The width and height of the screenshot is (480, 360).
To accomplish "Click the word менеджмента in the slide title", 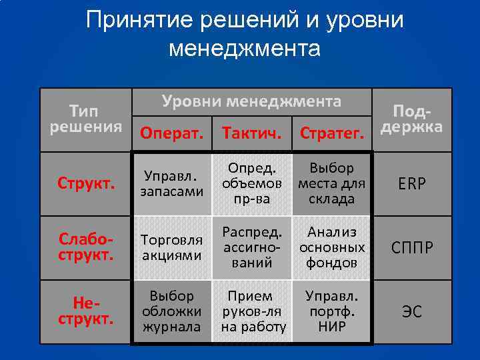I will point(245,49).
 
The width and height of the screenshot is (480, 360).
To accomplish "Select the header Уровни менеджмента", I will point(251,102).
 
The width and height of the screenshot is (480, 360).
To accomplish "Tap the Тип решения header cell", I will point(86,118).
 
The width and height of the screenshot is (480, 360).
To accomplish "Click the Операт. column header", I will point(171,133).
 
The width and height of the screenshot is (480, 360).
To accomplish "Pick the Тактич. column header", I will point(251,133).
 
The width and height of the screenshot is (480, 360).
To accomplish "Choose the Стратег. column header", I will point(331,133).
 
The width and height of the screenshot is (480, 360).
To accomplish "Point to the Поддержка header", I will point(411,119).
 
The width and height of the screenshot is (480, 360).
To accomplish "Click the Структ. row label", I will point(86,184).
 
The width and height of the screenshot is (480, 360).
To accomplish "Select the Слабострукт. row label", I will point(86,247).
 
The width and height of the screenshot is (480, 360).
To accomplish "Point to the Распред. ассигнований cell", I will point(251,247).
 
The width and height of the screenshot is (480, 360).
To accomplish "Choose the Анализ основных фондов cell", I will point(331,247).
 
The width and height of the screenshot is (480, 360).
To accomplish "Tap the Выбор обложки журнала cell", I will point(171,311).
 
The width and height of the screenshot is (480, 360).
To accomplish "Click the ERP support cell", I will point(411,185).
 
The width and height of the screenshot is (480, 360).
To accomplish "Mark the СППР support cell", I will point(411,248).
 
